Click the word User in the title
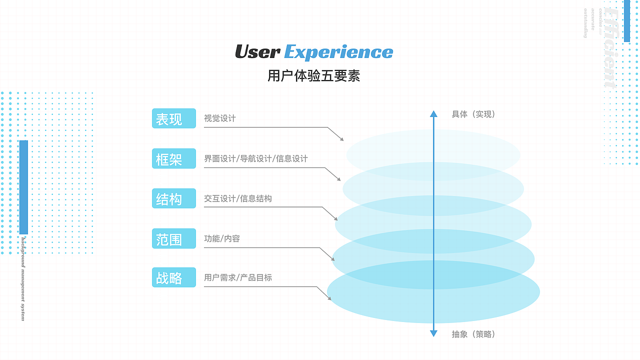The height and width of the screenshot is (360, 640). click(257, 52)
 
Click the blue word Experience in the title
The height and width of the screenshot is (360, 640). click(338, 52)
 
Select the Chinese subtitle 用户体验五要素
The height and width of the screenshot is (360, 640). click(313, 76)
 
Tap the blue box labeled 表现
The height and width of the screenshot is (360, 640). click(173, 118)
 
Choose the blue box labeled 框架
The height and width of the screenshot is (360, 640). click(173, 158)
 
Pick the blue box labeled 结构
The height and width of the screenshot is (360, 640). click(173, 198)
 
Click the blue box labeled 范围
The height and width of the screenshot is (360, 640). click(173, 238)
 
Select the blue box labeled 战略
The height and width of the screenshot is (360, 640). click(173, 277)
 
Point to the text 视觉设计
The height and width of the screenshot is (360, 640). click(219, 118)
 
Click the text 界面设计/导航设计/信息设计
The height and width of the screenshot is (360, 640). click(255, 158)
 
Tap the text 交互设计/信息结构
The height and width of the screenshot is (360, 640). click(237, 198)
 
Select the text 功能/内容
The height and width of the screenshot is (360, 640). click(221, 238)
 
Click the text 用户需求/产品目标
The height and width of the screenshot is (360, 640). click(237, 277)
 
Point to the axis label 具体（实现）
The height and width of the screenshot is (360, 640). click(473, 114)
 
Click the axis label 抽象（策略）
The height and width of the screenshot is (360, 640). click(473, 334)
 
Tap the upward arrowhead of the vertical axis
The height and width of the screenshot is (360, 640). click(433, 113)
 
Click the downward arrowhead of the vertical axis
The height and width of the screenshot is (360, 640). click(433, 333)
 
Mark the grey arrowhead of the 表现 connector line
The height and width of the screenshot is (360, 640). click(342, 139)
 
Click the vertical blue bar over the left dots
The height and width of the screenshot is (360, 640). click(23, 187)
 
